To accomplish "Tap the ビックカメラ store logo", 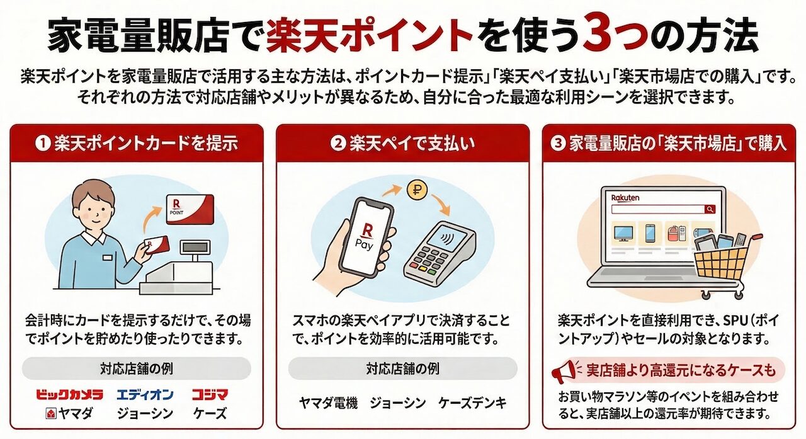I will click(69, 395).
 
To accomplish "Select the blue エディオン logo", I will click(145, 395).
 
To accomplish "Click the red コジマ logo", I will click(210, 395).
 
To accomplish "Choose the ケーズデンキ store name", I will click(472, 403).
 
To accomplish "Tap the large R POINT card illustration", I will click(189, 211).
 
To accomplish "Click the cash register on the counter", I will click(189, 265).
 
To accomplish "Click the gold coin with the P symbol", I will click(416, 190).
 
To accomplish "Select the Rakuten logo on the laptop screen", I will click(625, 197).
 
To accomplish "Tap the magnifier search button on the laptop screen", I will click(710, 209).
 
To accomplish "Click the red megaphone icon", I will click(564, 372).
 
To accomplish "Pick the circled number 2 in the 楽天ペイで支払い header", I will click(338, 144).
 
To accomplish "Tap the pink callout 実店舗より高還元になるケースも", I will click(680, 370).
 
